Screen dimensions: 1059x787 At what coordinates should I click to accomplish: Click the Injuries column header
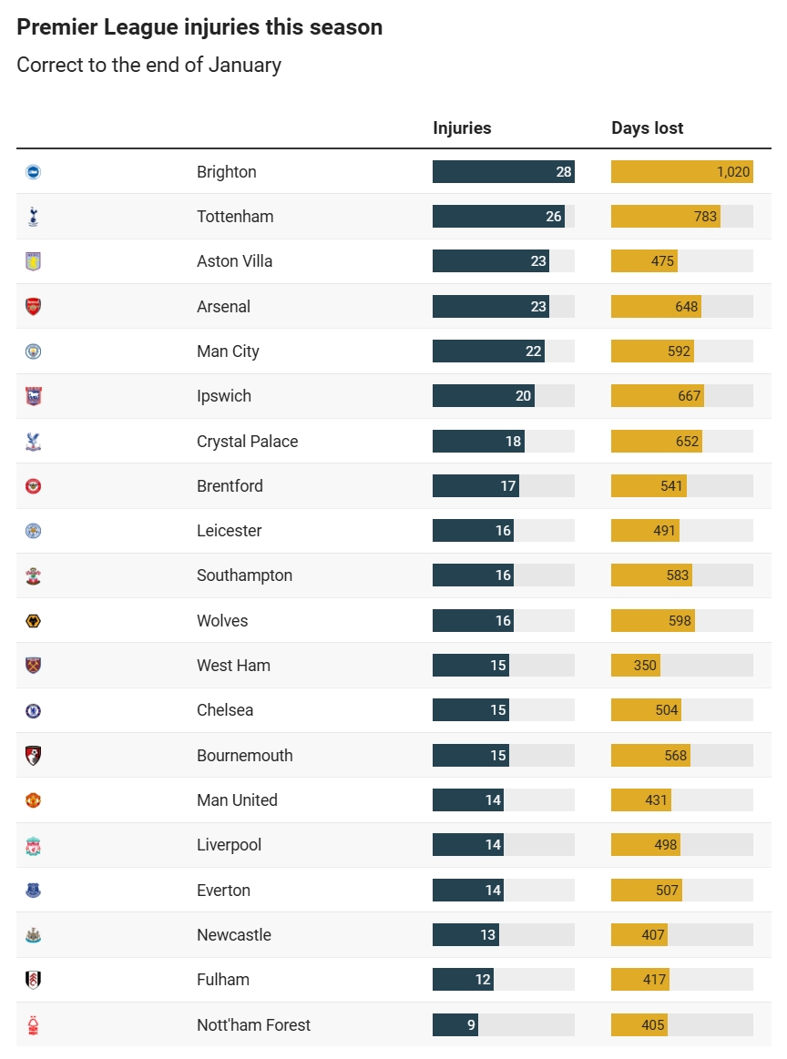pyautogui.click(x=462, y=128)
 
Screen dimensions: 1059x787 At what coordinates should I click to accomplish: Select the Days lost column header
pyautogui.click(x=647, y=128)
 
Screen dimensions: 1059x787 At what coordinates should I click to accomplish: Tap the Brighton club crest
pyautogui.click(x=34, y=172)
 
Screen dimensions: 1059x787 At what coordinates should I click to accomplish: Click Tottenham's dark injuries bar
pyautogui.click(x=497, y=217)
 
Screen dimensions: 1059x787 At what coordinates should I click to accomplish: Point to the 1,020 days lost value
pyautogui.click(x=732, y=172)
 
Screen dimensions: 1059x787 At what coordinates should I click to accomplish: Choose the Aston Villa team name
pyautogui.click(x=234, y=261)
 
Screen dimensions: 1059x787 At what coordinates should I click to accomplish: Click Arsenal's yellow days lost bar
pyautogui.click(x=656, y=307)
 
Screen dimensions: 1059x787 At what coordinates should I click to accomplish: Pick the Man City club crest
pyautogui.click(x=34, y=351)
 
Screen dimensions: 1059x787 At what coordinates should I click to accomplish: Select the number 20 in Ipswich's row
pyautogui.click(x=523, y=396)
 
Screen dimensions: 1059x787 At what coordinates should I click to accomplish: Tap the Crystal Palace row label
pyautogui.click(x=247, y=442)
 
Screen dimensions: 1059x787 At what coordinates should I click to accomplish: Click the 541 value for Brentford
pyautogui.click(x=671, y=486)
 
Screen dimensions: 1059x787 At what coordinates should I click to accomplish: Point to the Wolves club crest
pyautogui.click(x=34, y=621)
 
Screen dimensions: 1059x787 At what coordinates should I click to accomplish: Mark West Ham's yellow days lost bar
pyautogui.click(x=635, y=666)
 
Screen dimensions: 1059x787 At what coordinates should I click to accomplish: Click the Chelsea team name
pyautogui.click(x=225, y=710)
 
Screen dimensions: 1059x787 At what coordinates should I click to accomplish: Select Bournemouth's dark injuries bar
pyautogui.click(x=470, y=756)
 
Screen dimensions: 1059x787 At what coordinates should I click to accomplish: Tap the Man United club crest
pyautogui.click(x=34, y=800)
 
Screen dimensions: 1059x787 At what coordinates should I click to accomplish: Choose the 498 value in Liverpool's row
pyautogui.click(x=666, y=845)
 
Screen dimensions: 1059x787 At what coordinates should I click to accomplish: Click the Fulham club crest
pyautogui.click(x=34, y=980)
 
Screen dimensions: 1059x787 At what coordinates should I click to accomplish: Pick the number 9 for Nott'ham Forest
pyautogui.click(x=471, y=1025)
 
